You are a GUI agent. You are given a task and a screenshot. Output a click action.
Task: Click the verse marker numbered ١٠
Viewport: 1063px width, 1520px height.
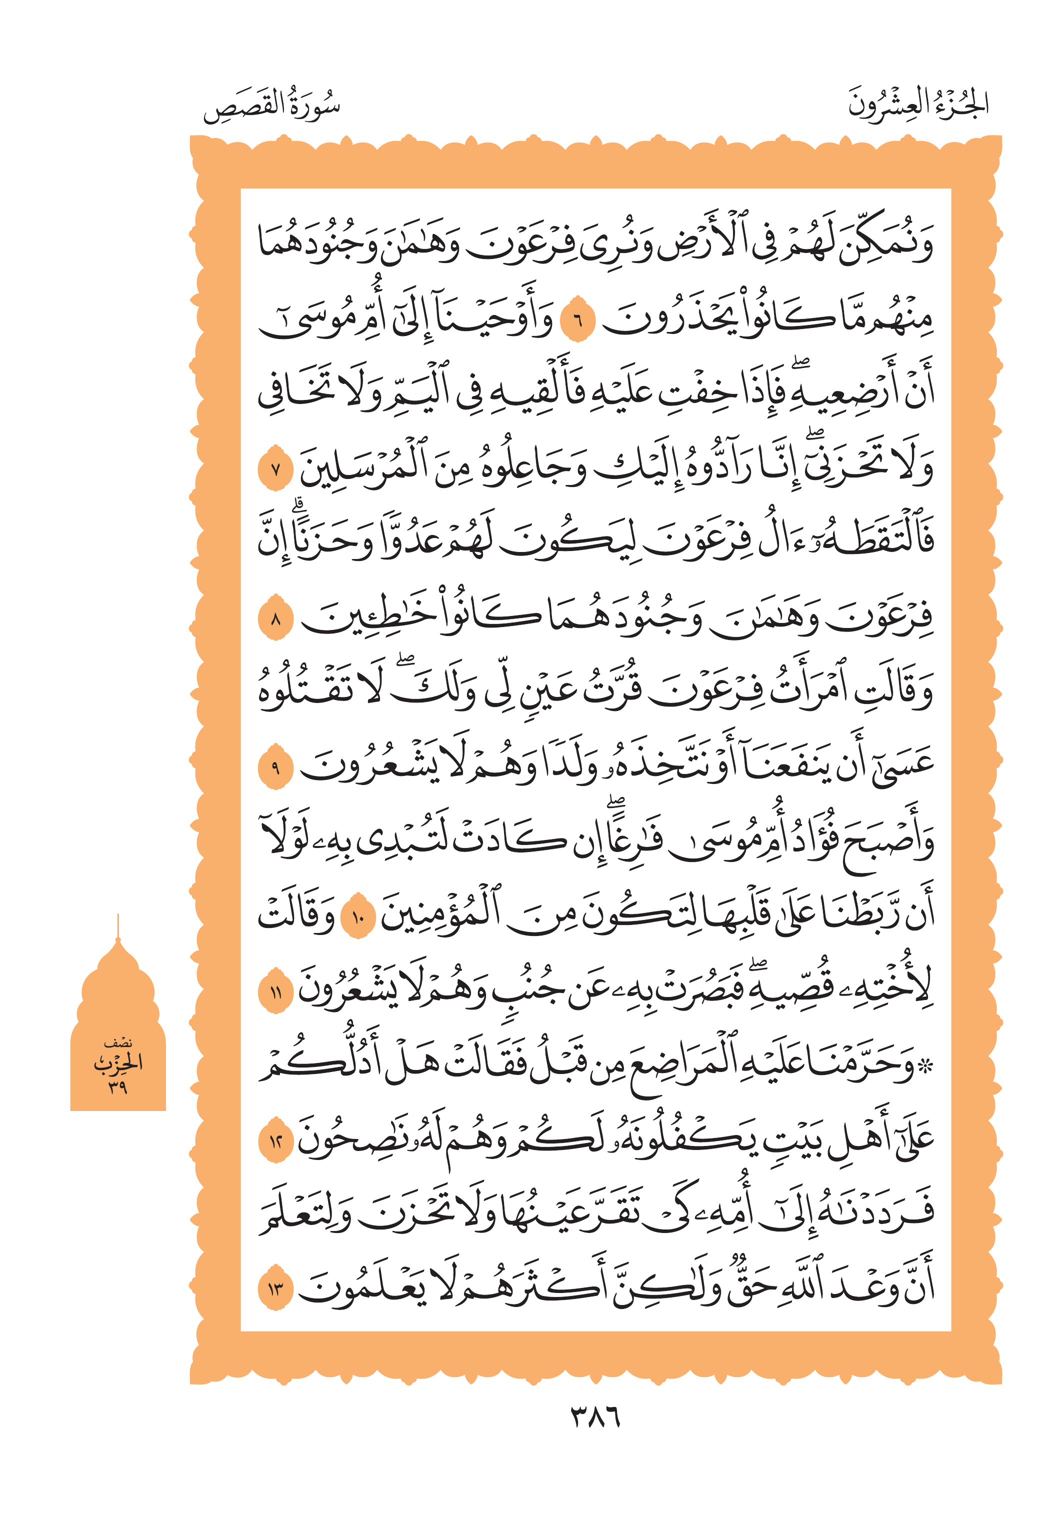point(358,917)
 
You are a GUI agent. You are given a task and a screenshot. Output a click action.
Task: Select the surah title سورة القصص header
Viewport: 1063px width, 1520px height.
point(271,106)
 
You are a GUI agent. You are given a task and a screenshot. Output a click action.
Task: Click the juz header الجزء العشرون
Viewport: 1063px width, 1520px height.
point(918,104)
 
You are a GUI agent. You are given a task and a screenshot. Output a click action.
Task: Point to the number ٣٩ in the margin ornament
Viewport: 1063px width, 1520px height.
point(118,1086)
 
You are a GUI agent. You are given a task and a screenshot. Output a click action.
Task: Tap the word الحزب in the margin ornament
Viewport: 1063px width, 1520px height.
point(118,1064)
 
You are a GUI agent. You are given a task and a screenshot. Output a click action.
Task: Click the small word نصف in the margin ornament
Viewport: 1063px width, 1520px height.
point(118,1043)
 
